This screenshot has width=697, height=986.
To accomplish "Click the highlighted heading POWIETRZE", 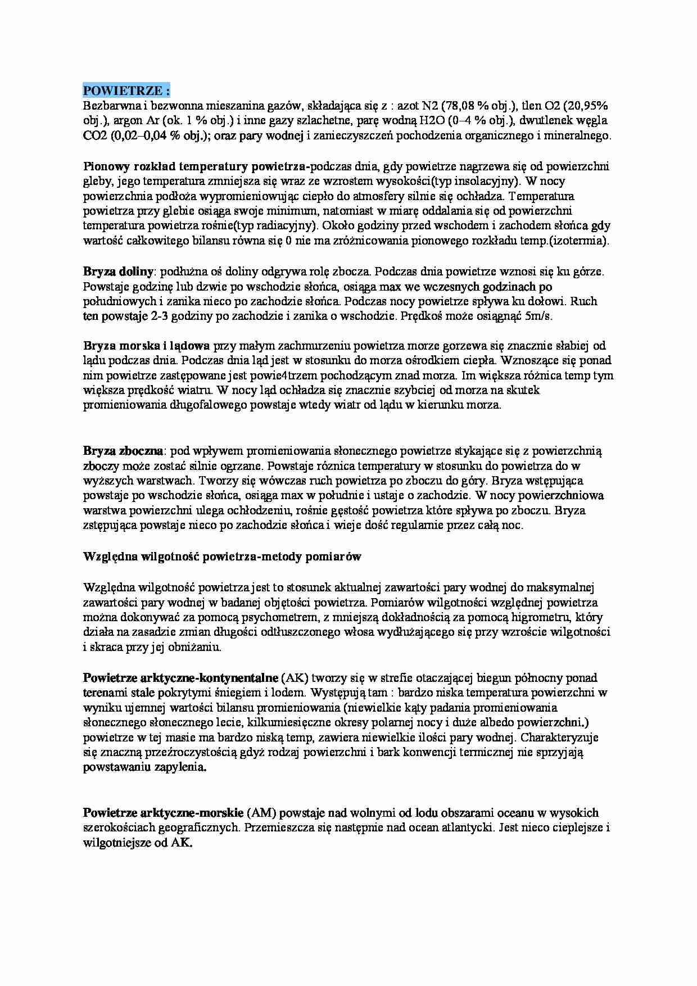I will click(x=126, y=91).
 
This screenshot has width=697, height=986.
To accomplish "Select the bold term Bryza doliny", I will click(x=118, y=272).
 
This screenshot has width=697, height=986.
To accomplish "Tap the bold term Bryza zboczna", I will click(x=123, y=451).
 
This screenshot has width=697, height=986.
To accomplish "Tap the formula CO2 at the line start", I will click(x=95, y=135).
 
